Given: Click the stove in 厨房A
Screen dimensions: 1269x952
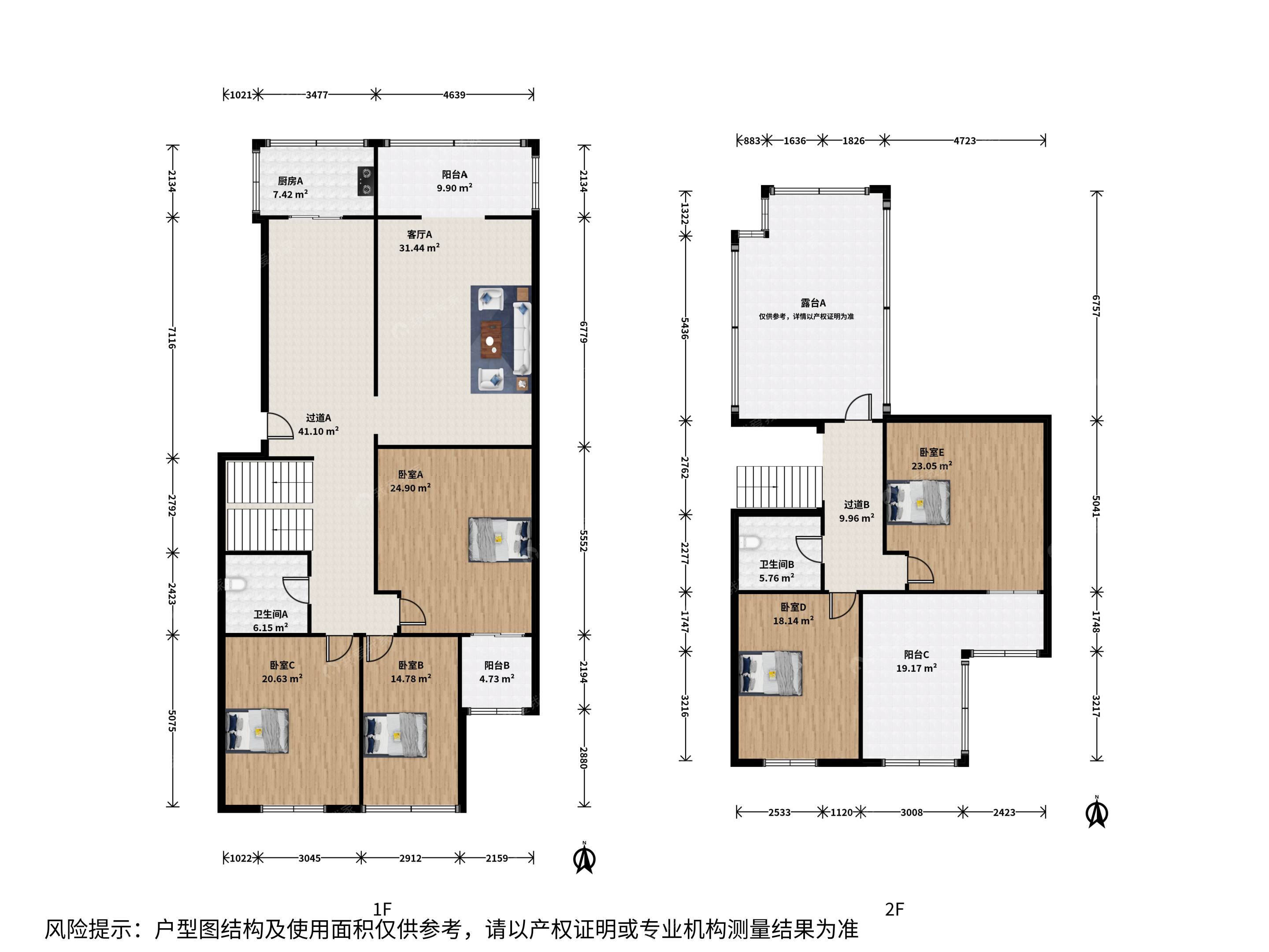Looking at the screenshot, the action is [366, 181].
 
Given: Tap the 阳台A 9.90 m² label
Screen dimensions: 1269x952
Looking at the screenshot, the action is [454, 181].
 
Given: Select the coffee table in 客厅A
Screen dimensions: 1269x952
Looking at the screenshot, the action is [490, 340].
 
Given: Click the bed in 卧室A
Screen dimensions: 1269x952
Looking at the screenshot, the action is [500, 540].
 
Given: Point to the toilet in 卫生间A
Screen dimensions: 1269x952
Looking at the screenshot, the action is [235, 584].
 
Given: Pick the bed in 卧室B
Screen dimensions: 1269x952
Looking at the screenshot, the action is [395, 735].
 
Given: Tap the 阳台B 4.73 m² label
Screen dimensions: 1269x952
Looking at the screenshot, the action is [497, 672].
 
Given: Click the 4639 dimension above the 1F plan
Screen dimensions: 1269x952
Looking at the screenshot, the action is [454, 95].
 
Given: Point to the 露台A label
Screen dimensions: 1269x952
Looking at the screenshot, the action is [813, 303].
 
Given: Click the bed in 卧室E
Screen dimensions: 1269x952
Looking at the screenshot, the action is [918, 503].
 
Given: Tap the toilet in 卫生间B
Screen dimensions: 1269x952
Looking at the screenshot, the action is [749, 542].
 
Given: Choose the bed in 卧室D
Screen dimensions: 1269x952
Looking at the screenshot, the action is [771, 673].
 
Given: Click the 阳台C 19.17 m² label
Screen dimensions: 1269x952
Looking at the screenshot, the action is [917, 661].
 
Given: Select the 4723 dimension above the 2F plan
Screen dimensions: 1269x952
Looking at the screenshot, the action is [965, 141].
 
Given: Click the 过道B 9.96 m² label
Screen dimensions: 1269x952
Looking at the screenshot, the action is [857, 511].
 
